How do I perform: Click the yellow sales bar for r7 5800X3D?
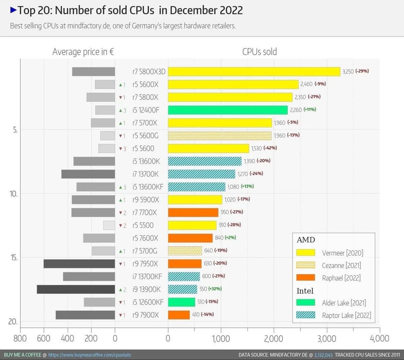[x=254, y=72]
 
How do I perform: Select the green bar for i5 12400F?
[x=228, y=110]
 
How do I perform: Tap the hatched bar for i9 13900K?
[x=182, y=289]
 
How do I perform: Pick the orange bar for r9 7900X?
[x=179, y=315]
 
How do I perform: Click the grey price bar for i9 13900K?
[x=76, y=289]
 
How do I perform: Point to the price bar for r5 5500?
[x=109, y=225]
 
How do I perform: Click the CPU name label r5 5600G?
[x=145, y=136]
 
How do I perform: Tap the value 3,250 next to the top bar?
[x=348, y=71]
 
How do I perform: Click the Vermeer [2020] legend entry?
[x=341, y=253]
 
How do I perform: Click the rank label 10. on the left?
[x=13, y=194]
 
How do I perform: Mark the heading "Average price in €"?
[x=83, y=52]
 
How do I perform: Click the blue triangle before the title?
[x=13, y=9]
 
